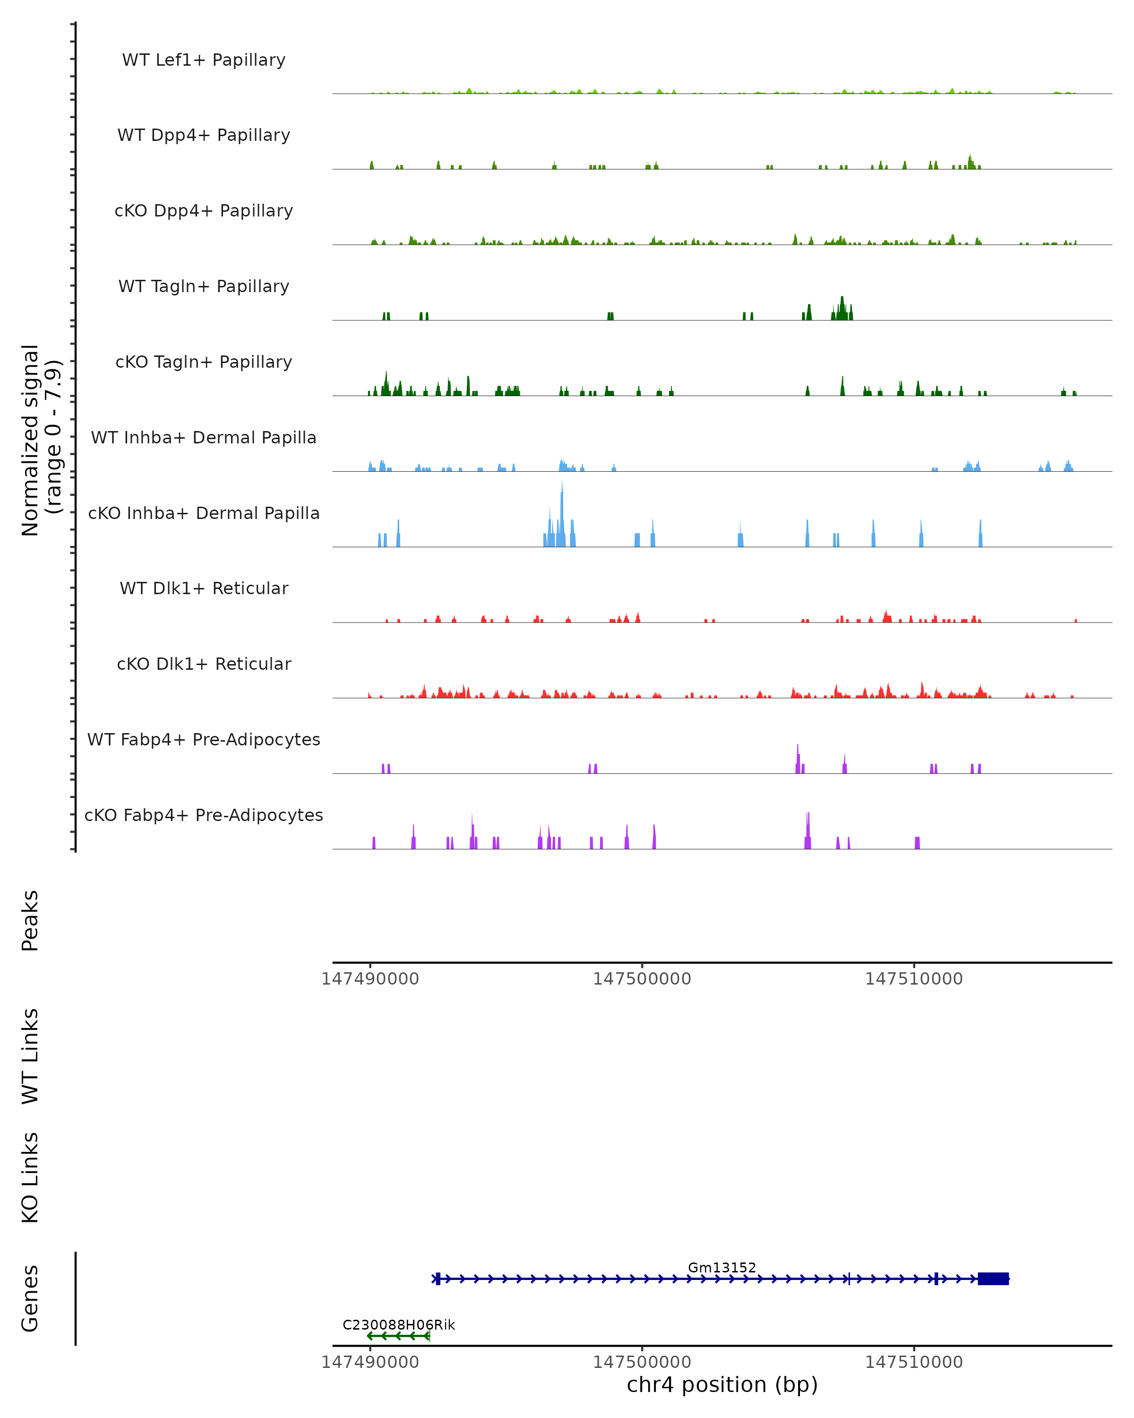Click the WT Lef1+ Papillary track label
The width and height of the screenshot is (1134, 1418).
coord(204,60)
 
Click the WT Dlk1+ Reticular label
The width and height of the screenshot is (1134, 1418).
coord(204,588)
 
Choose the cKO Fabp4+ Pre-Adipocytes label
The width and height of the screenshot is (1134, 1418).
coord(204,815)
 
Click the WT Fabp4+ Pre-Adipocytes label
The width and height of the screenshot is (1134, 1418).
coord(204,739)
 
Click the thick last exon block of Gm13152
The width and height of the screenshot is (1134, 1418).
coord(993,1279)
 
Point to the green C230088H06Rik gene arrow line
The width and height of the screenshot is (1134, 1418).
coord(398,1336)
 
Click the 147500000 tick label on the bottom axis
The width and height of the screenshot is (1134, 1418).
coord(642,1362)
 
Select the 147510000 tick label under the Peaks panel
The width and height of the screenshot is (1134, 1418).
coord(914,979)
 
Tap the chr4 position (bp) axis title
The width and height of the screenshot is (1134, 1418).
coord(722,1385)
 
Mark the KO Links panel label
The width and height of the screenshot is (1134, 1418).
coord(30,1178)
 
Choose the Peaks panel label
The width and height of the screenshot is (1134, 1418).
coord(30,921)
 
